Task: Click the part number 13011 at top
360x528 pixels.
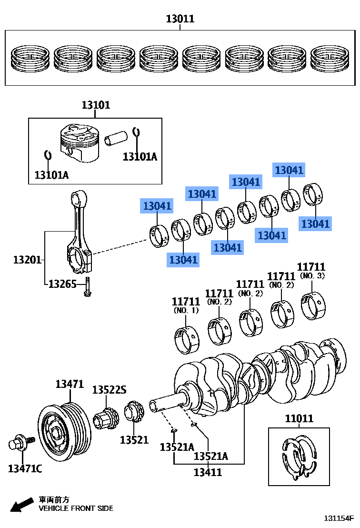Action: tap(180, 19)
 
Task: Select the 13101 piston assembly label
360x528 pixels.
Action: tap(95, 105)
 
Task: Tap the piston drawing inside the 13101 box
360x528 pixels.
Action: tap(79, 143)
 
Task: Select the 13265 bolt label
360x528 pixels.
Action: tap(62, 284)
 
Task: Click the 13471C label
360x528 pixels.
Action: tap(25, 469)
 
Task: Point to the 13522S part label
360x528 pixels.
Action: tap(109, 390)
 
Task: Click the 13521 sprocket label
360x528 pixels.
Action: tap(134, 439)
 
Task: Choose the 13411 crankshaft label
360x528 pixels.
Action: tap(208, 472)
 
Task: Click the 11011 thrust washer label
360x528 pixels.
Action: tap(299, 418)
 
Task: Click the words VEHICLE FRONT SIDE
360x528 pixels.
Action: tap(76, 508)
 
